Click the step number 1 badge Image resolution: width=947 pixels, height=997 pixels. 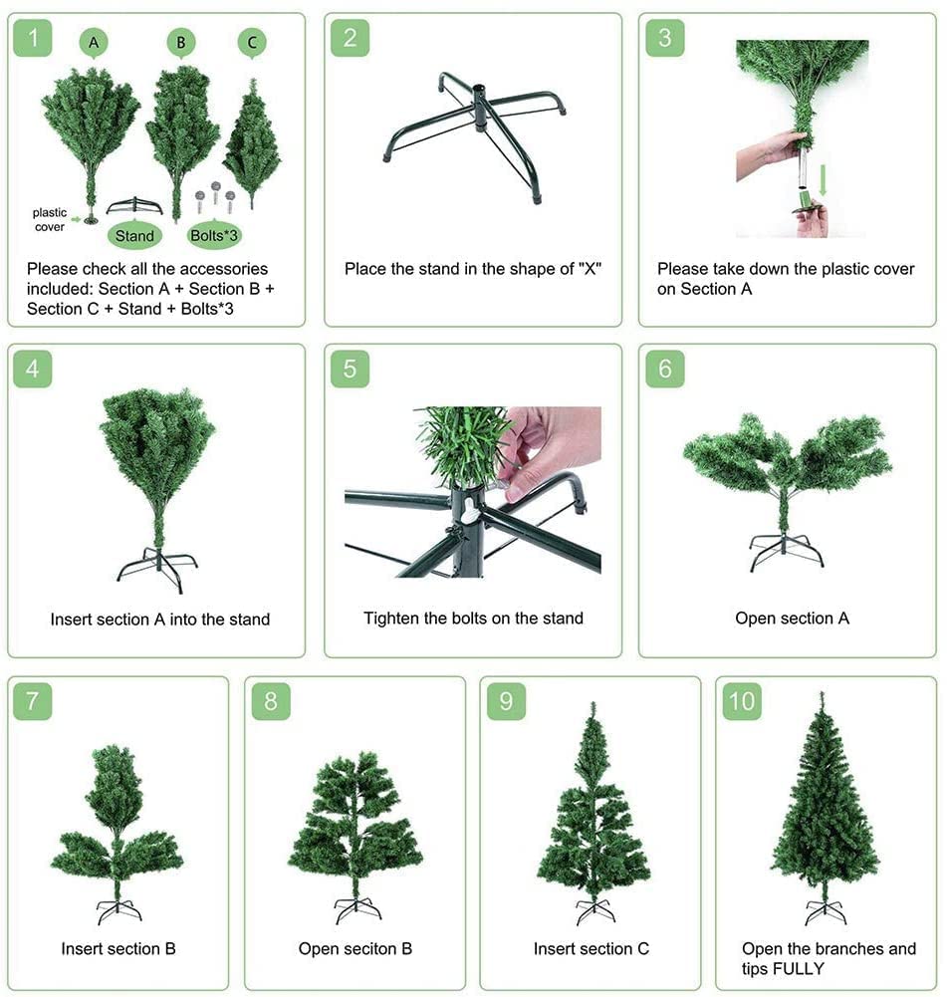tap(33, 38)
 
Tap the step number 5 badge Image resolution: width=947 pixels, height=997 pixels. tap(350, 369)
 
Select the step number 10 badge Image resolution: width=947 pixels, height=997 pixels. tap(742, 701)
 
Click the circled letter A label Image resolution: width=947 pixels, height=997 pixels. tap(94, 43)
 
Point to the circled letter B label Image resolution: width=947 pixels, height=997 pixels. tap(181, 43)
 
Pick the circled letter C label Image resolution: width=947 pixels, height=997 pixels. tap(252, 43)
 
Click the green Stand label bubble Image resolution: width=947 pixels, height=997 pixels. tap(134, 236)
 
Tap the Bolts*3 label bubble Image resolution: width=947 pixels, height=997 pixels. tap(214, 235)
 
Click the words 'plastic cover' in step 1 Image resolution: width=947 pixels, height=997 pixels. tap(50, 219)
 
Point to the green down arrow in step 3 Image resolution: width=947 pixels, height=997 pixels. tap(824, 180)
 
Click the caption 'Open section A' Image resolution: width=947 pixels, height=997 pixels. tap(792, 619)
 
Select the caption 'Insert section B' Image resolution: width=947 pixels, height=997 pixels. tap(118, 948)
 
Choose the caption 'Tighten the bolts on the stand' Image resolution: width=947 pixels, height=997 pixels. tap(474, 619)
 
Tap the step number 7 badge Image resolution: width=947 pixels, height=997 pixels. tap(33, 701)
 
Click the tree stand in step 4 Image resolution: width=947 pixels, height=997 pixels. tap(157, 569)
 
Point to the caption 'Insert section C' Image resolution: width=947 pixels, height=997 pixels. tap(592, 948)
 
